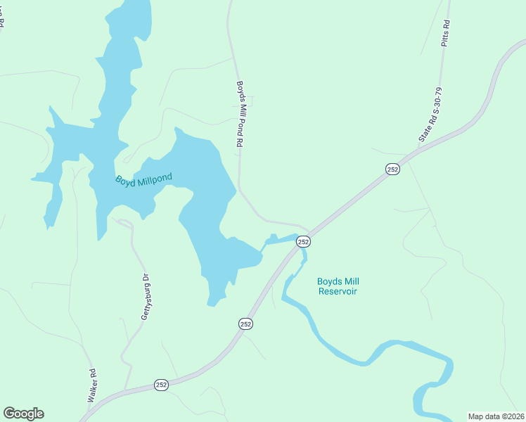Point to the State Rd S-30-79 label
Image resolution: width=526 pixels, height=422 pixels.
tap(430, 115)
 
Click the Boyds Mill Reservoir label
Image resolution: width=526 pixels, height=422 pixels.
tap(338, 286)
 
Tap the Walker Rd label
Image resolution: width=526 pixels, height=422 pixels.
tap(91, 385)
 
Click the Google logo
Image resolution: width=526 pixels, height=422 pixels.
tap(23, 414)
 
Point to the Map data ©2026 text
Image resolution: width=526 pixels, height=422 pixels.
tap(496, 416)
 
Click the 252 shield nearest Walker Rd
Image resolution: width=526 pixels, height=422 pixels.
tap(161, 385)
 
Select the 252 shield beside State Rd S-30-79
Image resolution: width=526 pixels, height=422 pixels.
tap(392, 169)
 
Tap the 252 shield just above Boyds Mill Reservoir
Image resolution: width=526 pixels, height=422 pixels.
tap(303, 241)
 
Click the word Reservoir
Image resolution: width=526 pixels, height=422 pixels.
tap(338, 290)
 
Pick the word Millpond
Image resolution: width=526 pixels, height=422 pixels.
tap(155, 177)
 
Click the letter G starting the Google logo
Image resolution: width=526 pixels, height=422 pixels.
tap(9, 413)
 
